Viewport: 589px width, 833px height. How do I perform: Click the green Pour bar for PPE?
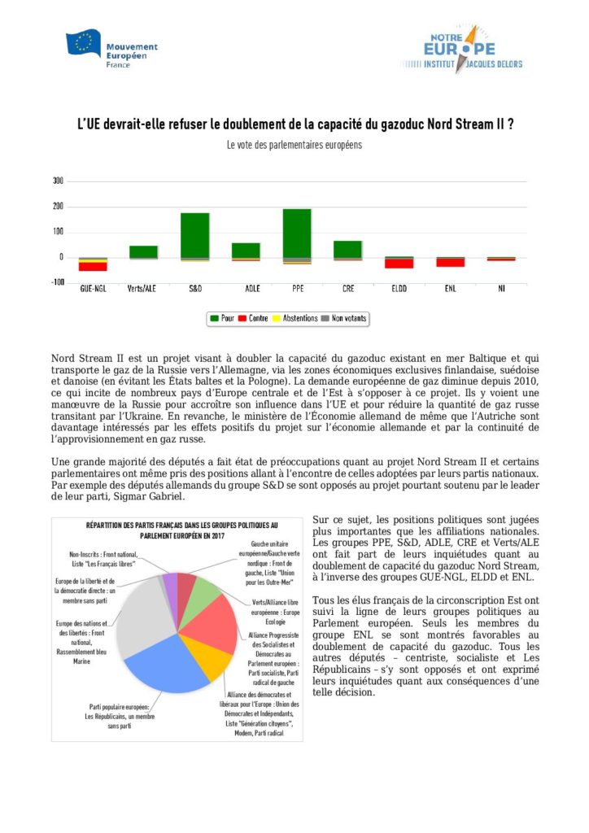[x=297, y=233]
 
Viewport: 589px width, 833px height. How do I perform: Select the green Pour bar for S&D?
[x=195, y=235]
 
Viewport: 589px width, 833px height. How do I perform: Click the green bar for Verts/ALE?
[x=144, y=251]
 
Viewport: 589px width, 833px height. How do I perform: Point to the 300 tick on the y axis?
[x=57, y=181]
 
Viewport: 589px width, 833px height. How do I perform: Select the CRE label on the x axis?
[x=348, y=288]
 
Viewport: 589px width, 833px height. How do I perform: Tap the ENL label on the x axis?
[x=450, y=288]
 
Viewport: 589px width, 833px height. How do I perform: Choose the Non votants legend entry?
[x=342, y=318]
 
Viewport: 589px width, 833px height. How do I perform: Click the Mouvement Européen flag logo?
[x=84, y=45]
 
